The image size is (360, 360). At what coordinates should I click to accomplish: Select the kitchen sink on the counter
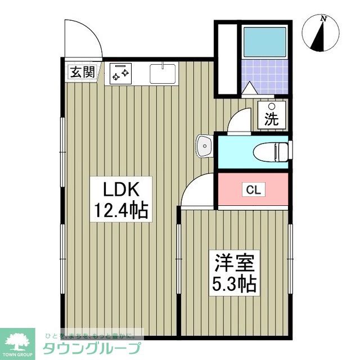pyautogui.click(x=163, y=73)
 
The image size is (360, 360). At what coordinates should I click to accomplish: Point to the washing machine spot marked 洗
pyautogui.click(x=272, y=114)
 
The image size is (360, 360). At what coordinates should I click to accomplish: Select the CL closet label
pyautogui.click(x=254, y=190)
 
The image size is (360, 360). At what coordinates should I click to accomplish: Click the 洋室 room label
pyautogui.click(x=234, y=262)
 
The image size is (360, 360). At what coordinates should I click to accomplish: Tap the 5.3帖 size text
pyautogui.click(x=234, y=283)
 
